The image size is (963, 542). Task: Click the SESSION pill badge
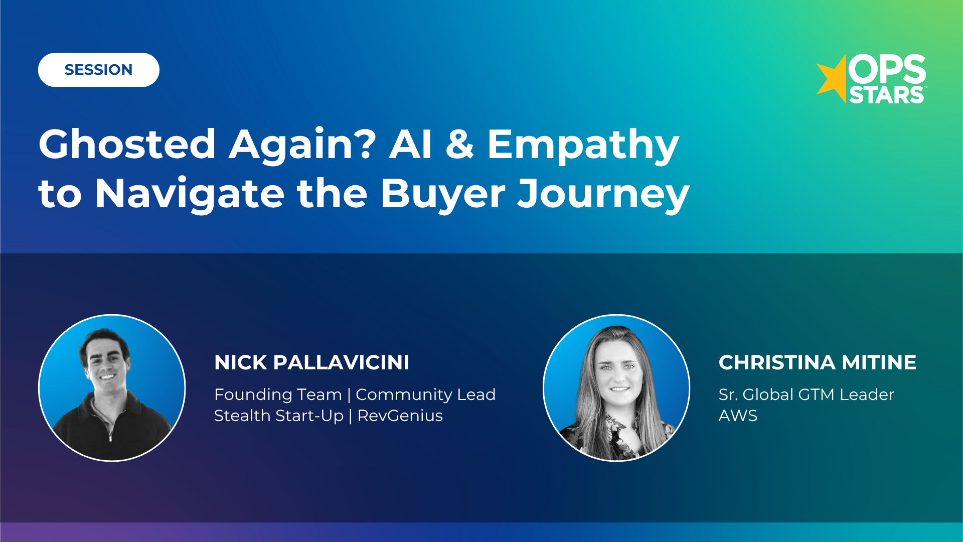98,70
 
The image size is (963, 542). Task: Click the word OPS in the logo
887,69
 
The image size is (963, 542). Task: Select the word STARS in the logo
886,95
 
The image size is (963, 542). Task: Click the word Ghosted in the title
127,145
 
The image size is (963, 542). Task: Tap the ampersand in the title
459,145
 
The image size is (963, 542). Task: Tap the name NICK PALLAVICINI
311,362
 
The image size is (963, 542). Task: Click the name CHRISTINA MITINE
817,362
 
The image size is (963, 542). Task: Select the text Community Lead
425,394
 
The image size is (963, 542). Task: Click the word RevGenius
400,416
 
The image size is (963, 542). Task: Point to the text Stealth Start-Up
278,416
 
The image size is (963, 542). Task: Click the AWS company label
738,416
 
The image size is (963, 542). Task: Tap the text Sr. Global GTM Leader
806,394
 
